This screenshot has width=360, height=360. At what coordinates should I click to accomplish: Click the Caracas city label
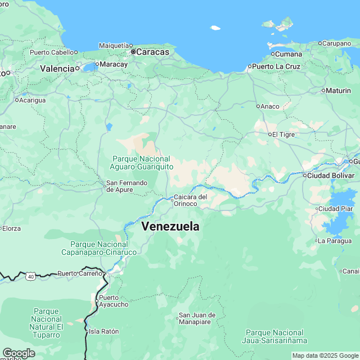point(153,52)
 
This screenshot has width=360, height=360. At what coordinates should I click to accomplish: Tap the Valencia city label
point(57,68)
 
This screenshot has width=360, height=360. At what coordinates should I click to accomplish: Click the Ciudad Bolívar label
point(330,175)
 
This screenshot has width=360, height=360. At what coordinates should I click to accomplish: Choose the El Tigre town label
point(284,134)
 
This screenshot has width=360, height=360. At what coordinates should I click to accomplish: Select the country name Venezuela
point(170,226)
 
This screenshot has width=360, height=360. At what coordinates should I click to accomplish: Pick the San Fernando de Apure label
point(127,186)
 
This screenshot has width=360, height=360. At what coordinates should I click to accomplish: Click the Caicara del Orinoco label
point(191,200)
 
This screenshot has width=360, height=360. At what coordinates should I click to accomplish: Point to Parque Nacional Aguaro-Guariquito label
point(141,162)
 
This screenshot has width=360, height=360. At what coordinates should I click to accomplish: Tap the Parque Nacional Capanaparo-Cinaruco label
point(99,248)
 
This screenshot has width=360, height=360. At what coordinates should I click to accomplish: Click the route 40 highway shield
point(30,276)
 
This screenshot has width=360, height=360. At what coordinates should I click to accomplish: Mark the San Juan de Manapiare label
point(194,318)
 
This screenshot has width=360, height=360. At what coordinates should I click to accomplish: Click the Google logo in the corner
point(18,353)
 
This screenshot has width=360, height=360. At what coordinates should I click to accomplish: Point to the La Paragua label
point(334,241)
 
